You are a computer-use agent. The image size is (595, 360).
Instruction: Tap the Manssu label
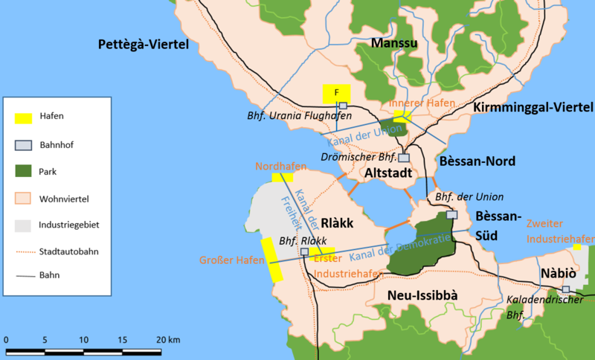(394, 44)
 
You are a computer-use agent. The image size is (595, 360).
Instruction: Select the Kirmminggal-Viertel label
(533, 109)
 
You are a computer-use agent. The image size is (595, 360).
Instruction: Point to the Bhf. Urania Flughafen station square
(343, 106)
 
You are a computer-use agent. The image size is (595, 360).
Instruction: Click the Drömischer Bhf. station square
(404, 158)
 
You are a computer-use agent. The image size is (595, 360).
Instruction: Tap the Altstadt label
(385, 173)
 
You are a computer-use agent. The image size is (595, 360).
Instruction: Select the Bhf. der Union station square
(451, 215)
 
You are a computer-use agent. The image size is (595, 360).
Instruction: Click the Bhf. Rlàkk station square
(304, 252)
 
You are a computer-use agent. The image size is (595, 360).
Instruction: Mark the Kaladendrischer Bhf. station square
(566, 289)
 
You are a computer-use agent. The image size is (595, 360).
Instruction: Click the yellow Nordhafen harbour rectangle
(283, 178)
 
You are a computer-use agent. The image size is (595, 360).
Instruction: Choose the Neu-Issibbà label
(422, 296)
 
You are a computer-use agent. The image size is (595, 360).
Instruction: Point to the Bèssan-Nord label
(466, 161)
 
